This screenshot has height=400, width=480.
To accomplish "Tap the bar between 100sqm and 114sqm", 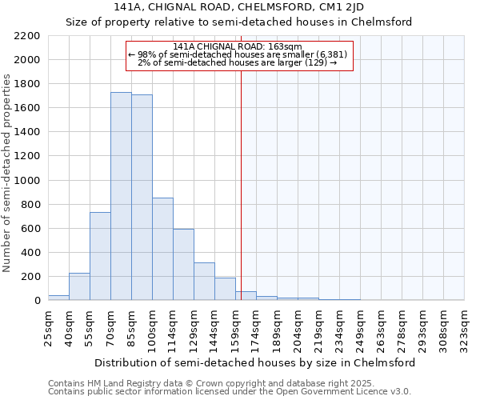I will pos(162,249).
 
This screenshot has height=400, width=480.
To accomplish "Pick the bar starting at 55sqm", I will pos(100,256).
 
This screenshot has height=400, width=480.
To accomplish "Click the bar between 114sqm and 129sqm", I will pos(183,264).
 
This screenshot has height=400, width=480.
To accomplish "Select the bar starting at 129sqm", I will pos(204,282).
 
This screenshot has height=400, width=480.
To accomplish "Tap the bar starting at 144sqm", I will pos(225,289).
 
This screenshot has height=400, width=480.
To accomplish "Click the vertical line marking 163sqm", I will pos(241,184).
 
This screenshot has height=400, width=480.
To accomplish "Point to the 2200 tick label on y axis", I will pos(27,36).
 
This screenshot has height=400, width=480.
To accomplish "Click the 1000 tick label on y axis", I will pos(27,181).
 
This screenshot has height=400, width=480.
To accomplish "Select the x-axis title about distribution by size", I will pos(254,362).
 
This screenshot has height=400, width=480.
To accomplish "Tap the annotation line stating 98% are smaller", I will pos(238,54).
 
